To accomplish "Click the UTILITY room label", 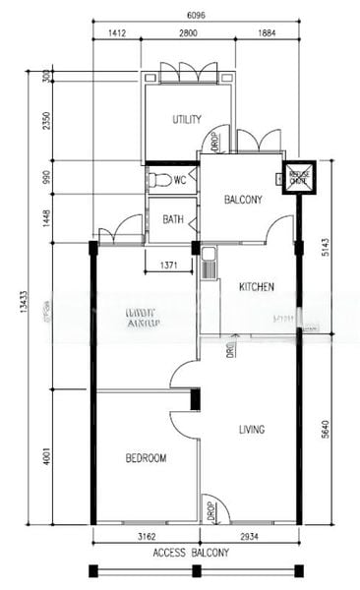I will (x=187, y=120).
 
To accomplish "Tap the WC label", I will (x=180, y=180).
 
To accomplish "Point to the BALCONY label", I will (x=242, y=200).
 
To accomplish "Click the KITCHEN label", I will (x=256, y=287).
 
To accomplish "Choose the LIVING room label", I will (x=257, y=430).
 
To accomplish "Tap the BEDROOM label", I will (x=146, y=457).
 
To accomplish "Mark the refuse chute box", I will (x=297, y=178).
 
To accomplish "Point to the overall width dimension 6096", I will (x=197, y=17).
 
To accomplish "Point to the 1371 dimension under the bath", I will (x=168, y=266).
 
